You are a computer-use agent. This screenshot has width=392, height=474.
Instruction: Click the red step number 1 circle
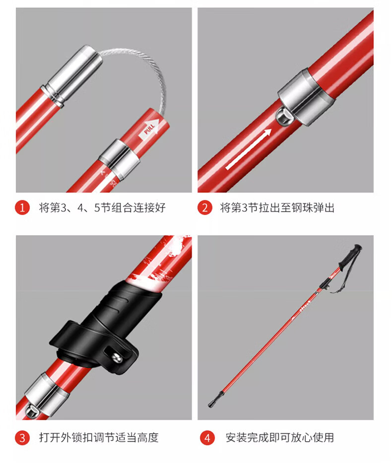tap(22, 207)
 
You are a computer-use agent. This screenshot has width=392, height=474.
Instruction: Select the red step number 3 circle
tap(22, 438)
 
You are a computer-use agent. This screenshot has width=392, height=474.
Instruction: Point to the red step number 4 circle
tap(207, 438)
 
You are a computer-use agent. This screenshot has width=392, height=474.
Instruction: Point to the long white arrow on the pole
tap(249, 149)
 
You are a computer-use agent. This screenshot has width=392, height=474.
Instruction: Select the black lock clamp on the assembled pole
tap(324, 284)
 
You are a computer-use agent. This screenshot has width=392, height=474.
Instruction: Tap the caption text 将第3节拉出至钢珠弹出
tap(277, 207)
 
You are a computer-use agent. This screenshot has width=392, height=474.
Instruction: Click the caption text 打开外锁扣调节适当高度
tap(99, 438)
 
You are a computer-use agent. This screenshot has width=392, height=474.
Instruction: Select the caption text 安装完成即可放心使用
tap(280, 438)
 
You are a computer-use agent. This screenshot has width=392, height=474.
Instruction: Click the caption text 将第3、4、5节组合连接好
tap(102, 207)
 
